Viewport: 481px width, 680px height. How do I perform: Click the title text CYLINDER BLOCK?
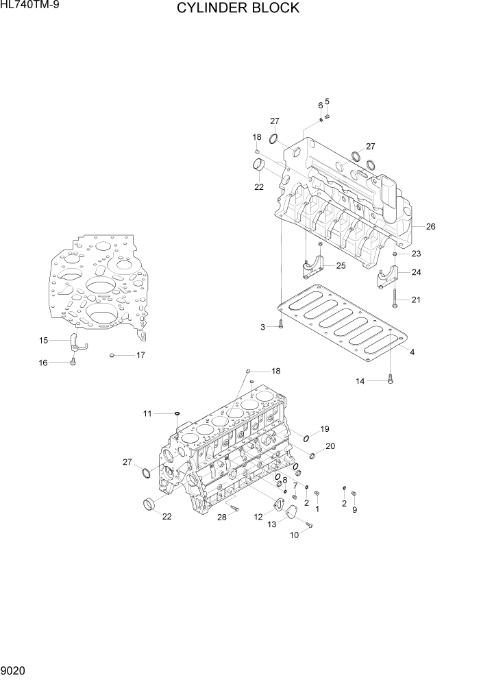(x=238, y=8)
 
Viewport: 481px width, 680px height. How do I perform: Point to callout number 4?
(x=412, y=352)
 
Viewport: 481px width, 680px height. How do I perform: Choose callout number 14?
(x=360, y=381)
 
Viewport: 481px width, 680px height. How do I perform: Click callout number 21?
(x=416, y=300)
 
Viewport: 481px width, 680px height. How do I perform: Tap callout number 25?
(x=341, y=265)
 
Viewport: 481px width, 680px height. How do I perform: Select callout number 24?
(x=416, y=272)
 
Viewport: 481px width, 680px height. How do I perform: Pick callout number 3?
(x=262, y=327)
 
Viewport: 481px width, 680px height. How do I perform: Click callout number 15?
(x=43, y=340)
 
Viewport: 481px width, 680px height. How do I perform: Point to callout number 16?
(x=43, y=363)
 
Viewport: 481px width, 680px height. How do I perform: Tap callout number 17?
(x=140, y=355)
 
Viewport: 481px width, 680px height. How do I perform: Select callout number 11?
(x=147, y=413)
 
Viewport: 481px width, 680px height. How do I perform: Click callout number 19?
(x=325, y=429)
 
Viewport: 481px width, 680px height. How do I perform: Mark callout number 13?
(x=272, y=524)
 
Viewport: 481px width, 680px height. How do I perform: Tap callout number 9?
(x=354, y=510)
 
